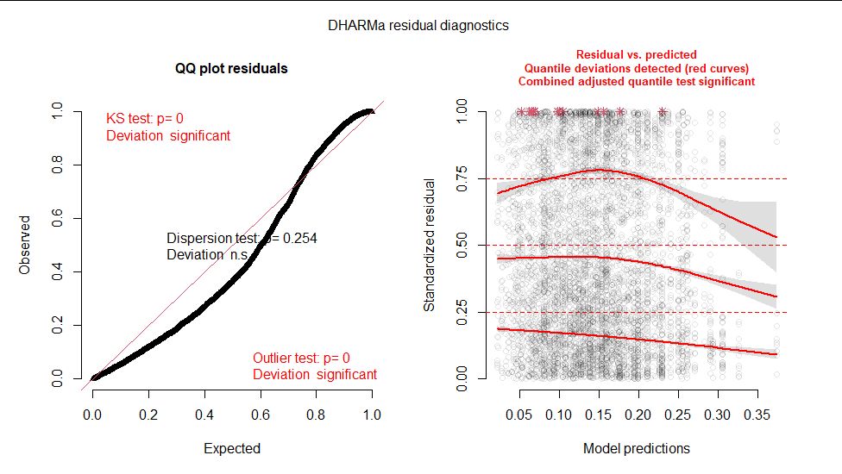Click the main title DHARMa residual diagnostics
(418, 26)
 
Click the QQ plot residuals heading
(231, 68)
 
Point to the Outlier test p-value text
(301, 358)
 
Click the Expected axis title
(231, 448)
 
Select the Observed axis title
(25, 245)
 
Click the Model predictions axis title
(637, 448)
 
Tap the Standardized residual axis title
(429, 245)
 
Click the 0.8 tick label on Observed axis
(57, 165)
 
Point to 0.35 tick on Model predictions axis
(757, 414)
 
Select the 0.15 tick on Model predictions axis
(599, 414)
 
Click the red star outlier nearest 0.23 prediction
(663, 111)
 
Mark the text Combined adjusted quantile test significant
(637, 82)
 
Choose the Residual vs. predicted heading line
(637, 54)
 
